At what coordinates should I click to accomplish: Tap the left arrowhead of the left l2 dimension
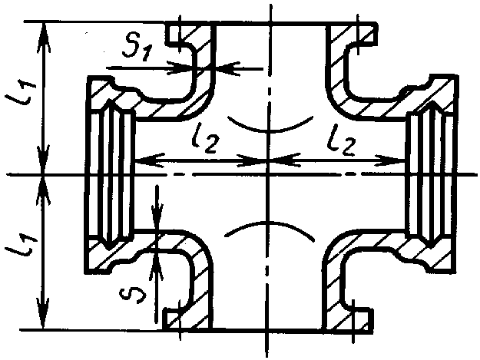142,160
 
